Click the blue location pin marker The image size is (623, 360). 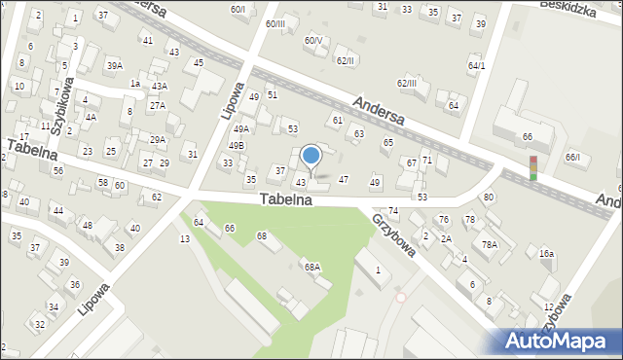click(311, 156)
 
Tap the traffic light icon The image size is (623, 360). click(532, 168)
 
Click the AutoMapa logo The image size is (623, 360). click(557, 341)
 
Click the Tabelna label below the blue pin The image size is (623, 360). click(285, 199)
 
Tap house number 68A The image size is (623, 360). click(311, 267)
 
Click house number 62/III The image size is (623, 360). click(406, 83)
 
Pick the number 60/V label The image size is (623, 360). click(312, 41)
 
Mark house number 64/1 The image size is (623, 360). click(476, 66)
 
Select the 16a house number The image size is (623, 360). click(547, 254)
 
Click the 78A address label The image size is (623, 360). click(489, 244)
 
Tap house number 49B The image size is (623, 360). click(237, 146)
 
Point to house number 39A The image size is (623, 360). click(115, 65)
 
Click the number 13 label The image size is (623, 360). click(184, 239)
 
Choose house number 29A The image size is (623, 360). click(157, 140)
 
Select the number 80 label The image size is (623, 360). click(489, 198)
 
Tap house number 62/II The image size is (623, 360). click(346, 60)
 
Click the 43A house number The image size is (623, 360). click(160, 87)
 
